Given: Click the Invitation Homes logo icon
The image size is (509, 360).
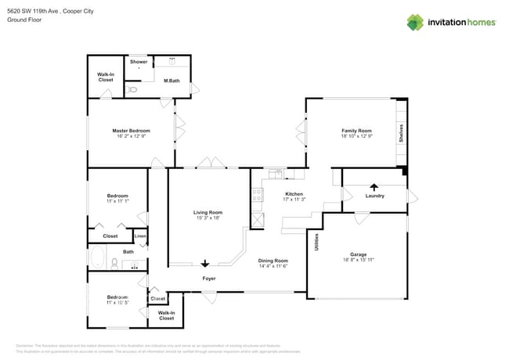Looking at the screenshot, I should click(415, 22).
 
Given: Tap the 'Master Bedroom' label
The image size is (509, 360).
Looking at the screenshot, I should click(131, 131).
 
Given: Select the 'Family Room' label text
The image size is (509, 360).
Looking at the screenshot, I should click(355, 131).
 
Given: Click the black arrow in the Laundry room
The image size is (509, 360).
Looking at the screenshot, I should click(374, 187).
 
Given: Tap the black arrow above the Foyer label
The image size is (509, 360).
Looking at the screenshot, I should click(206, 264).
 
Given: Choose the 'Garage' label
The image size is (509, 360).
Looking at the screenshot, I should click(358, 255).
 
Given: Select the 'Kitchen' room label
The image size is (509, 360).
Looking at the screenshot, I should click(294, 194).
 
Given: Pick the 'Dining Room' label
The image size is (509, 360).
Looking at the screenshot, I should click(273, 261).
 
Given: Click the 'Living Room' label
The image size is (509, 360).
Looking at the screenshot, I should click(208, 212).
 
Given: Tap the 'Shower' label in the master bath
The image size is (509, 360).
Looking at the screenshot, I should click(139, 62).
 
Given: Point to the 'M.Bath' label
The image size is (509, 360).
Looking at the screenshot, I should click(171, 81).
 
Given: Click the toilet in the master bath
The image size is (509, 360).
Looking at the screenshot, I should click(132, 90).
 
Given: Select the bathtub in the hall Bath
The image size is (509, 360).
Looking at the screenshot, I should click(99, 257).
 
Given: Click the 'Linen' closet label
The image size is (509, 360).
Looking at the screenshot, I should click(140, 236).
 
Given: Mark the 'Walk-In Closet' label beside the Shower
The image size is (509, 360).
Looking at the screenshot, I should click(106, 77).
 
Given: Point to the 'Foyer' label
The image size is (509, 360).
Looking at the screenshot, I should click(209, 279).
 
